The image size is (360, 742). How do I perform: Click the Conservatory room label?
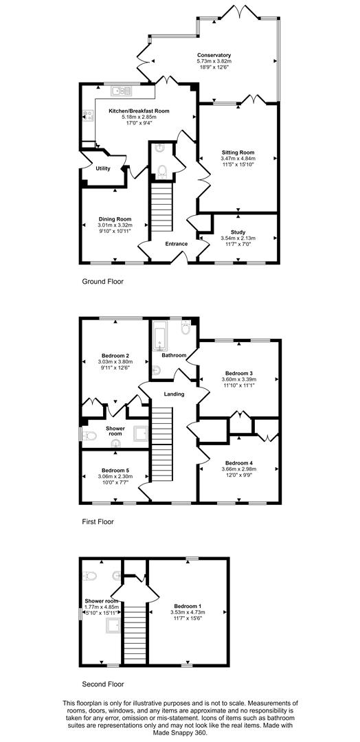[x=214, y=55]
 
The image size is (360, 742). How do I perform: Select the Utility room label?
[x=103, y=168]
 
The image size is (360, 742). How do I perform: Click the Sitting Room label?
[x=238, y=152]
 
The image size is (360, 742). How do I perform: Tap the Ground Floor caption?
[x=103, y=281]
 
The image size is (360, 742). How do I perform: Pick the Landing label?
[x=173, y=394]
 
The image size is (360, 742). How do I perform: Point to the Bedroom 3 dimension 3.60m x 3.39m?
[x=238, y=379]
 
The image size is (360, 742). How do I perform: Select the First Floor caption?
[x=98, y=521]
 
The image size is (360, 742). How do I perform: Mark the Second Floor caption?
[x=103, y=684]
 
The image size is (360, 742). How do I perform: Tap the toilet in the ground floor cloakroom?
[x=162, y=171]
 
